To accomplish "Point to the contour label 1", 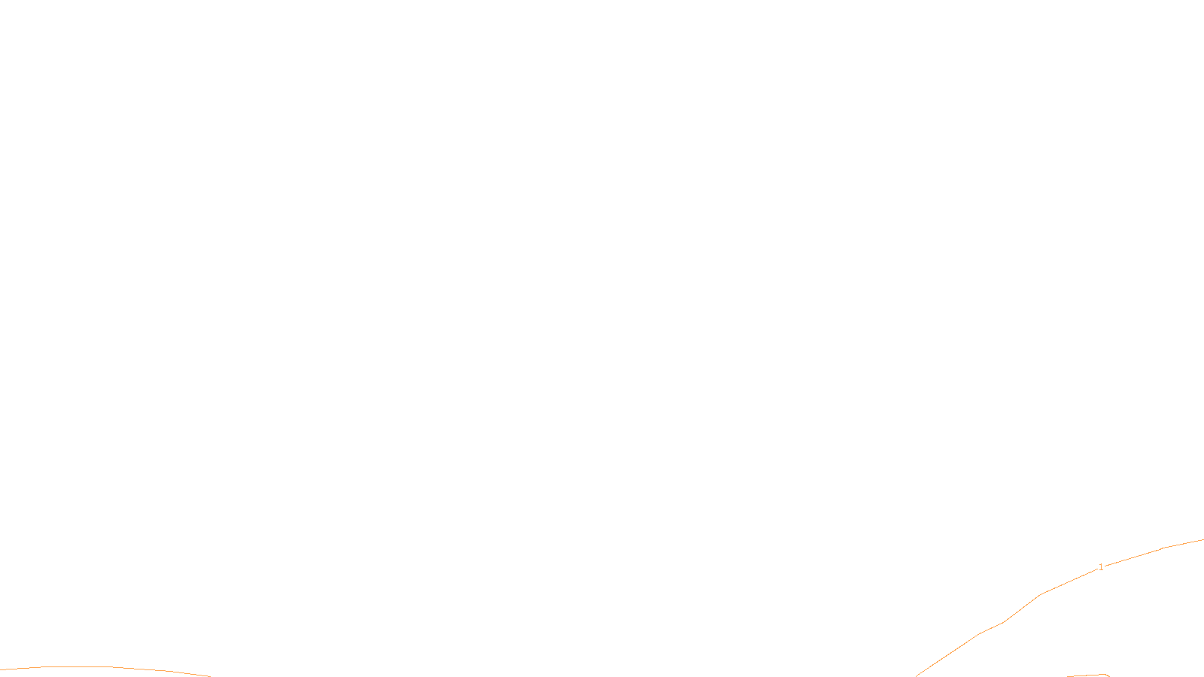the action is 1101,567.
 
